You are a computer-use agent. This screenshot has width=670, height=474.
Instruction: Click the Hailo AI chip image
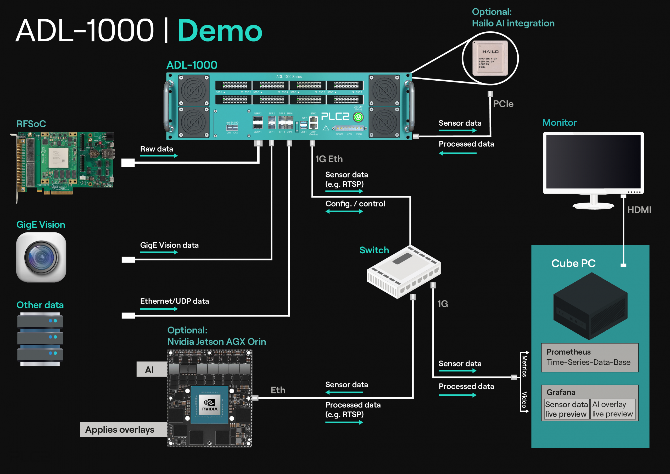(490, 58)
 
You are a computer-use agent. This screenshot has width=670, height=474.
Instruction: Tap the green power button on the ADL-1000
(358, 117)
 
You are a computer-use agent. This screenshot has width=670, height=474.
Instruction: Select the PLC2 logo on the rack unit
(335, 116)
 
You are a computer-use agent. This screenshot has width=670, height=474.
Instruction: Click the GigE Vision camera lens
(41, 258)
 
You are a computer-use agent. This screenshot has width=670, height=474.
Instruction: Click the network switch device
(404, 271)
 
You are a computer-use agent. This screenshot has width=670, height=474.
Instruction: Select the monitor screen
(593, 162)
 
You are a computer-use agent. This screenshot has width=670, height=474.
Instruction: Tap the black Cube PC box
(590, 306)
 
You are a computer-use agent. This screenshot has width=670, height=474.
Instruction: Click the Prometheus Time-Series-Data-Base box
(590, 358)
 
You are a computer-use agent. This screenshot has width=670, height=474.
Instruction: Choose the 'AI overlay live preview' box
(612, 409)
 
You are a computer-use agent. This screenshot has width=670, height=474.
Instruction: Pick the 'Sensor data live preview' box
(566, 409)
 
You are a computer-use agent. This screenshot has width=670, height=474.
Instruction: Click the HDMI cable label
(639, 210)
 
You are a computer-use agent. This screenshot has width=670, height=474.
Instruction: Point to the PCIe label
(503, 104)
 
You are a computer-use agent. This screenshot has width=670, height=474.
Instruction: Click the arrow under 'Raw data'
(159, 156)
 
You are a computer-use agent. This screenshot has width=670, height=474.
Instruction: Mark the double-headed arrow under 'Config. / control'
(344, 211)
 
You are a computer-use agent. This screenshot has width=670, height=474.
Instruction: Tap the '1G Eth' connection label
(329, 159)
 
